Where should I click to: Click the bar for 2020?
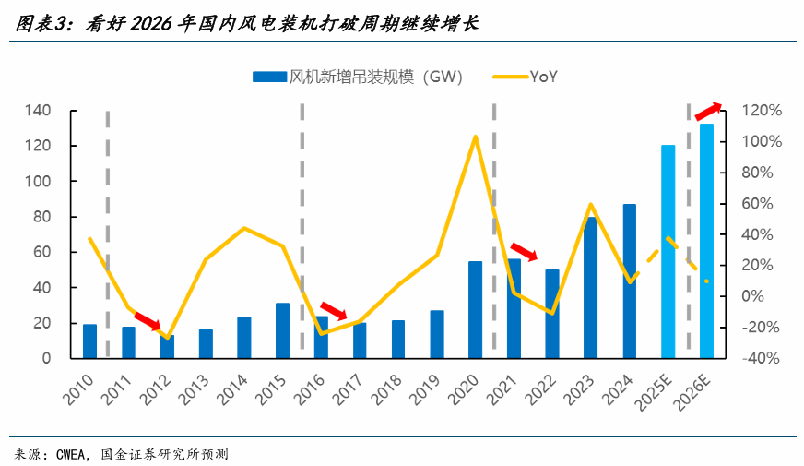tap(475, 309)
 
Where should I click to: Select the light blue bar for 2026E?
tap(706, 240)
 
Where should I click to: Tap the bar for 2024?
tap(630, 281)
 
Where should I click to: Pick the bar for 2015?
tap(282, 329)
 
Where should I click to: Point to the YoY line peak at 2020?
tap(475, 137)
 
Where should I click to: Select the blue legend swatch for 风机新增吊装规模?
tap(269, 77)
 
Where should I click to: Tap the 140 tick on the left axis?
tap(38, 111)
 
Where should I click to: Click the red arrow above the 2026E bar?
tap(708, 111)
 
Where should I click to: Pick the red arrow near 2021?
tap(525, 250)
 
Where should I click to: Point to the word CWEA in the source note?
tap(71, 454)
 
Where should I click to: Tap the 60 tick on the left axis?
tap(42, 252)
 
